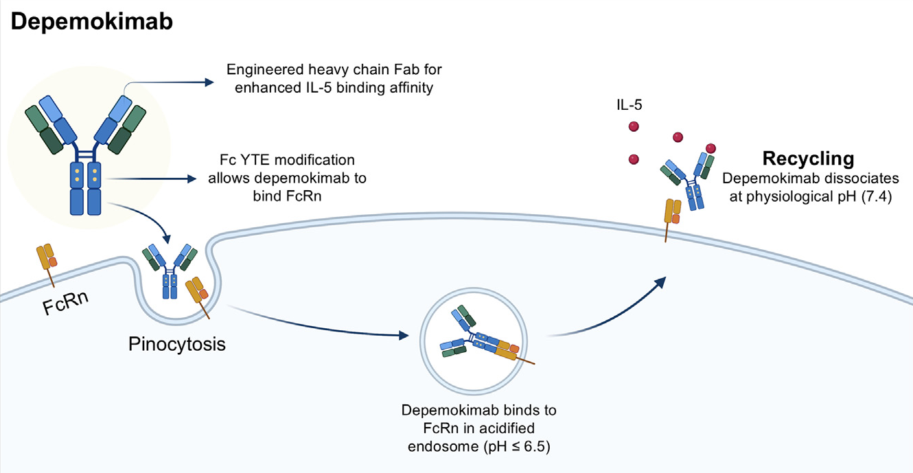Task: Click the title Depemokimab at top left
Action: coord(92,21)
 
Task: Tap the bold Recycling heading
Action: coord(808,159)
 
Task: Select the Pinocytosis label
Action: coord(176,343)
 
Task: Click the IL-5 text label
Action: coord(629,105)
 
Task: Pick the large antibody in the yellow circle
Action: coord(86,145)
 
